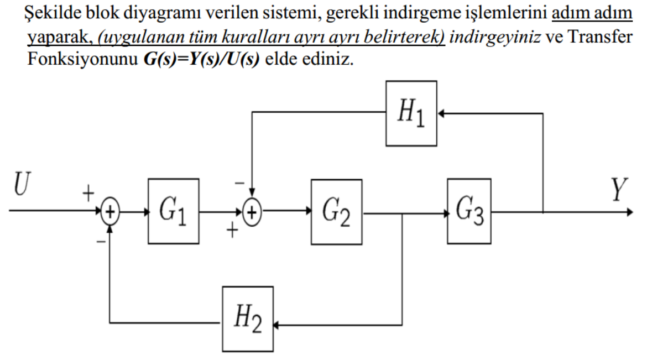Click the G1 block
[x=173, y=211]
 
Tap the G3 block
[x=469, y=211]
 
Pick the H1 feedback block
[x=411, y=113]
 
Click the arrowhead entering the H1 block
[x=442, y=113]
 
